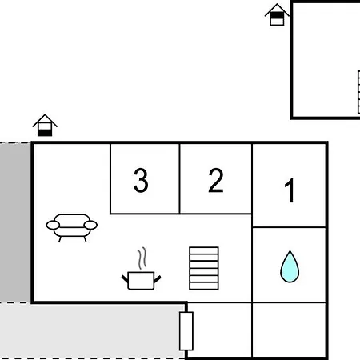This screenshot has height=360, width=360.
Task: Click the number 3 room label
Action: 141,180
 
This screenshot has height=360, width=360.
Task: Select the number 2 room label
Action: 216,180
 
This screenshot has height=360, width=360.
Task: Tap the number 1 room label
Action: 290,190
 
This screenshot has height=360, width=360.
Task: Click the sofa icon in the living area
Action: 72,227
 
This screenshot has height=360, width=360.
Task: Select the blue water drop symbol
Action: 290,266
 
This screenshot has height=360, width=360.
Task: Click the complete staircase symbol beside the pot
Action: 204,268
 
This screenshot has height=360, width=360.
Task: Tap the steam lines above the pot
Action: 142,258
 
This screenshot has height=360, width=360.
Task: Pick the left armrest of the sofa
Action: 53,225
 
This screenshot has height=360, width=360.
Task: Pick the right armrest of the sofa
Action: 90,225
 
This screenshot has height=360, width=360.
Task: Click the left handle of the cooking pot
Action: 125,279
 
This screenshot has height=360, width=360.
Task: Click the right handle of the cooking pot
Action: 158,279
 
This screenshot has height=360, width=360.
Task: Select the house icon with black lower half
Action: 45,126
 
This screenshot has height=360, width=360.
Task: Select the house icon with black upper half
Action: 277,14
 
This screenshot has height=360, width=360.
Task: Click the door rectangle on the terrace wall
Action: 186,331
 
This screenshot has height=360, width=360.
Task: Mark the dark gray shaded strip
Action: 15,222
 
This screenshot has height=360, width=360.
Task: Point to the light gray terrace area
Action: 90,330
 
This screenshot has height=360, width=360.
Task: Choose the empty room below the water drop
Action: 289,330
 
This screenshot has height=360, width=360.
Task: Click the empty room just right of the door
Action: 219,330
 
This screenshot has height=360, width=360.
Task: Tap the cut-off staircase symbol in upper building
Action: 358,92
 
